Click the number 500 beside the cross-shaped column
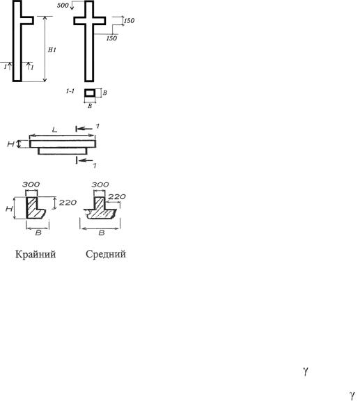coord(63,5)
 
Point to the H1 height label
coord(52,50)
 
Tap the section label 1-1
coord(70,91)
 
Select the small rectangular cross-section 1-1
coord(90,93)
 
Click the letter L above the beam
coord(54,130)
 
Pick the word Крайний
coord(36,254)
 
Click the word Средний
coord(106,254)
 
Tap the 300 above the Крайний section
coord(31,184)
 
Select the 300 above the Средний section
coord(100,184)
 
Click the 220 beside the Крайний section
coord(68,203)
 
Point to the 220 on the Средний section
coord(117,196)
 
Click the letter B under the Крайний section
coord(38,233)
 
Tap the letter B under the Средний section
coord(102,233)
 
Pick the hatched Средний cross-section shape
coord(100,212)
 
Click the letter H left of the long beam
coord(10,144)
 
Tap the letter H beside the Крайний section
coord(9,209)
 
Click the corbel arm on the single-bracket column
coord(27,20)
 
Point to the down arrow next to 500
coord(72,6)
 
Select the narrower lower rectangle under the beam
coord(63,151)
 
